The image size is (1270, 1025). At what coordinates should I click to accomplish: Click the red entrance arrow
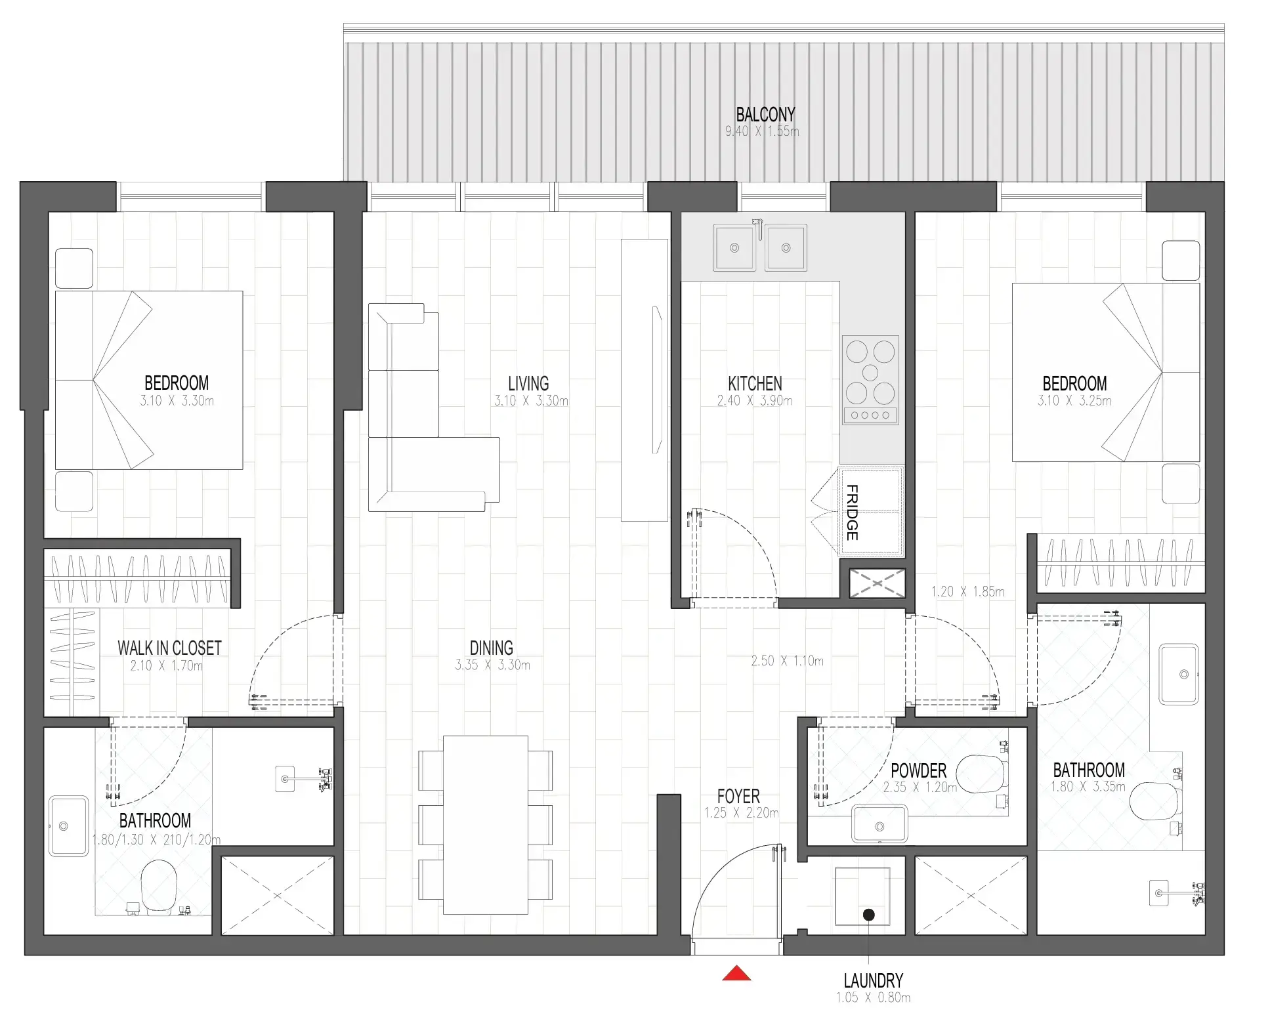(x=736, y=973)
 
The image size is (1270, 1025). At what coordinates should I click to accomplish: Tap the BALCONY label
(x=765, y=115)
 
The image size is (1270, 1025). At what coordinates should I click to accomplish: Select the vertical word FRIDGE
(x=851, y=512)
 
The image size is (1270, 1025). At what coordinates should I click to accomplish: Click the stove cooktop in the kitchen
(x=870, y=380)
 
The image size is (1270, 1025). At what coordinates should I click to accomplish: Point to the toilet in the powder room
(x=981, y=774)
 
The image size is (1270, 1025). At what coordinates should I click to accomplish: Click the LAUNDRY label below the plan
(x=873, y=980)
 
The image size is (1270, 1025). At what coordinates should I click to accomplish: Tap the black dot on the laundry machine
(x=868, y=914)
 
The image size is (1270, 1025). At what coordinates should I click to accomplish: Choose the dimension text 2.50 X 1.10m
(x=786, y=661)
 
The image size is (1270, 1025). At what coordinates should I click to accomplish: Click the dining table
(x=485, y=825)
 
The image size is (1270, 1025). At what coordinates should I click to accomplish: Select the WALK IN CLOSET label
(x=169, y=648)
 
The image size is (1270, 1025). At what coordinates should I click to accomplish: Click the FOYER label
(x=738, y=796)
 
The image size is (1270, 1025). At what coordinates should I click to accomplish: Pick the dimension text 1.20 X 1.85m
(x=967, y=591)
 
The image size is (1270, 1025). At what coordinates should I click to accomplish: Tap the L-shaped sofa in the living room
(x=420, y=446)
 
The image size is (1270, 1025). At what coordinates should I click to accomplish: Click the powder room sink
(x=879, y=825)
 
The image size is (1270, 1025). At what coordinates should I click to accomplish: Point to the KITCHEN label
(x=755, y=383)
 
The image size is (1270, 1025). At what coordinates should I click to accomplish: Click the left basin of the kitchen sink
(x=734, y=247)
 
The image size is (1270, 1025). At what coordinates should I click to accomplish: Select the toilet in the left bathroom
(x=159, y=887)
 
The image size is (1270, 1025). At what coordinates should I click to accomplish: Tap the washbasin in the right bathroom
(x=1179, y=674)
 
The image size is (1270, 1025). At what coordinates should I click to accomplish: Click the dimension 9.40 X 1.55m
(x=761, y=131)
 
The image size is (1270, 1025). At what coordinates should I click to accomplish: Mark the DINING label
(x=491, y=648)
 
